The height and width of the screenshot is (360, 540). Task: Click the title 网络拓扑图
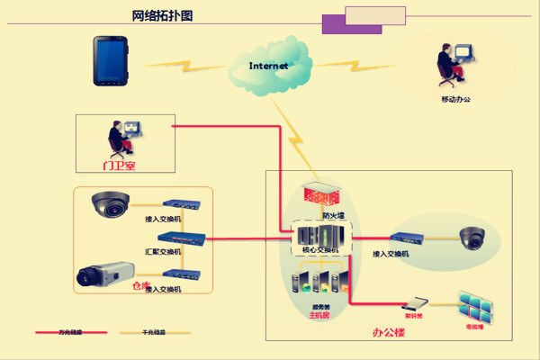tap(162, 15)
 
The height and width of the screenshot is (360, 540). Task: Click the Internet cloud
tap(269, 67)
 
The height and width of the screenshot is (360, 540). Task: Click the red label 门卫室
tap(119, 165)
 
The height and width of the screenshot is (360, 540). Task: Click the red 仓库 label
tap(140, 285)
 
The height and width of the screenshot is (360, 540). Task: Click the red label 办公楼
tap(389, 332)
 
